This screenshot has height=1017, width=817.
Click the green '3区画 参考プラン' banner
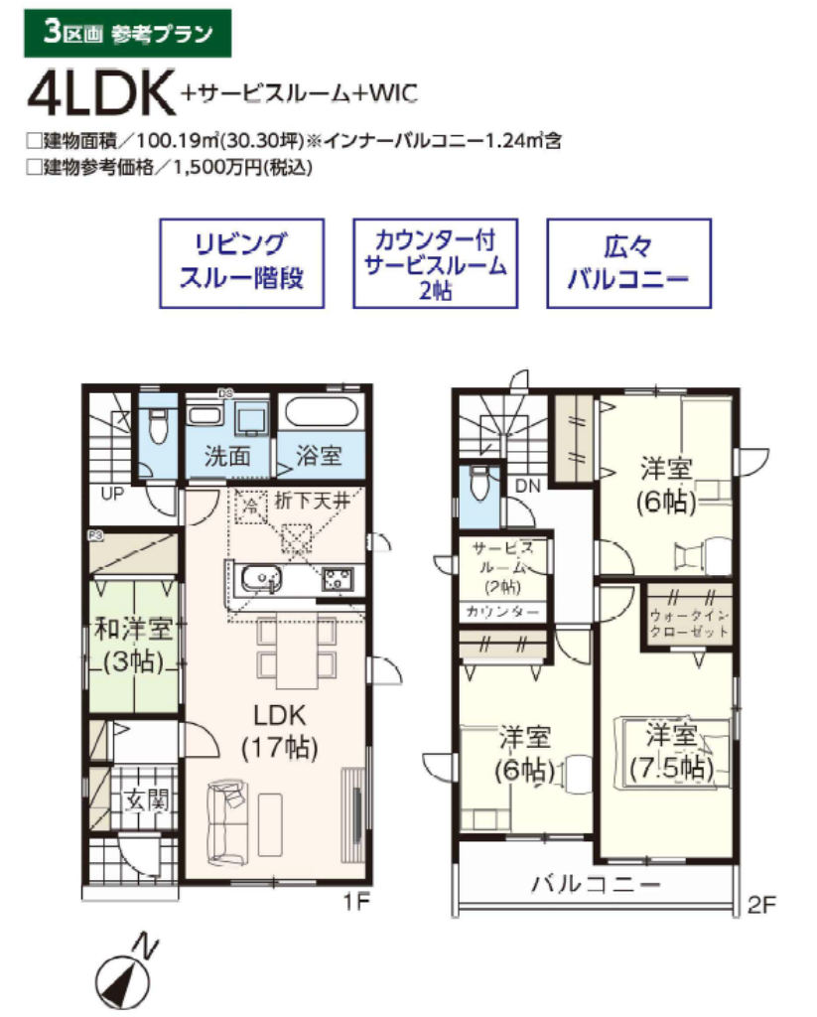pyautogui.click(x=127, y=33)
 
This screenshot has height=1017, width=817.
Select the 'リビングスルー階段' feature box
pyautogui.click(x=241, y=262)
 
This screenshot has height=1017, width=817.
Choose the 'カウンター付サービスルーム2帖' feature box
pyautogui.click(x=435, y=262)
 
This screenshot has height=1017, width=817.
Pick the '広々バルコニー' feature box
pyautogui.click(x=628, y=262)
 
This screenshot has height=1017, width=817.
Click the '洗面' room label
pyautogui.click(x=226, y=457)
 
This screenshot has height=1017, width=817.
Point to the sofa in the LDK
pyautogui.click(x=226, y=820)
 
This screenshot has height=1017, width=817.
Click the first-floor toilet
pyautogui.click(x=156, y=428)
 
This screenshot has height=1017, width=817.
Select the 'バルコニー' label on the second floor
pyautogui.click(x=596, y=883)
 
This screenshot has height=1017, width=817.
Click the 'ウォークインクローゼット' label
pyautogui.click(x=690, y=622)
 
